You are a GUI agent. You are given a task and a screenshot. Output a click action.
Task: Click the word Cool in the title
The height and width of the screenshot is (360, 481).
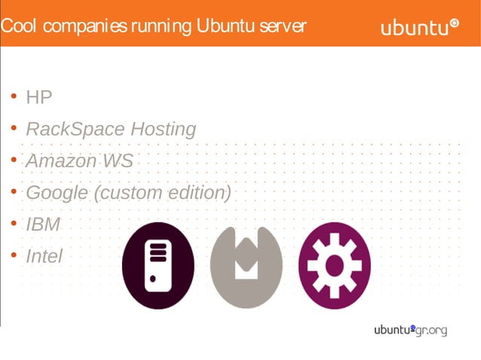tap(19, 26)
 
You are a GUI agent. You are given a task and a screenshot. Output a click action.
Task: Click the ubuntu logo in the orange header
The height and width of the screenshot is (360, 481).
tap(414, 29)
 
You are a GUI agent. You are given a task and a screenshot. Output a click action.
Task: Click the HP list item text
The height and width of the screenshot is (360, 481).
tap(39, 97)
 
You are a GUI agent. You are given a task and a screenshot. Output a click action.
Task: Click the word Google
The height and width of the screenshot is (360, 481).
tap(57, 193)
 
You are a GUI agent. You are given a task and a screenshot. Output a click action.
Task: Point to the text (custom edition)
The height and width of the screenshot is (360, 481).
tap(162, 193)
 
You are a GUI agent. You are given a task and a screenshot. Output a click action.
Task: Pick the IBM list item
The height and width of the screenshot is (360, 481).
tap(43, 224)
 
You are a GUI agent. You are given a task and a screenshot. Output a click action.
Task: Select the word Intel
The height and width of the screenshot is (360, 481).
tap(44, 256)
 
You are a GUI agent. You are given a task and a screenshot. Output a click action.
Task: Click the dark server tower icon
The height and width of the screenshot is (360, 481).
tap(158, 265)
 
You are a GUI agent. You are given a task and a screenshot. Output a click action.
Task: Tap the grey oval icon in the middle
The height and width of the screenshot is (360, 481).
tap(246, 265)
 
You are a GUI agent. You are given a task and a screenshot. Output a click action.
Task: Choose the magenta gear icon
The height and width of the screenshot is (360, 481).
tap(334, 265)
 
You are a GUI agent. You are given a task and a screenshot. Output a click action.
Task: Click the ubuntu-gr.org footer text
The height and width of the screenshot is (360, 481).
tap(410, 330)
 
